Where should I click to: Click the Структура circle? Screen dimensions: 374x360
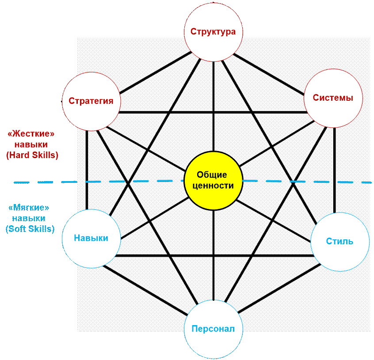[x=214, y=32]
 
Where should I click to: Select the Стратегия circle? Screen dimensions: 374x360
[x=92, y=101]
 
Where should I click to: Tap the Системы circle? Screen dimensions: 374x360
[x=333, y=98]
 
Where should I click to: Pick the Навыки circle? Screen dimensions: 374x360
[x=92, y=239]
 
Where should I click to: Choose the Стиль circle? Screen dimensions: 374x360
[x=340, y=242]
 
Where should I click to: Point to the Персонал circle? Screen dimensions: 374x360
[x=214, y=329]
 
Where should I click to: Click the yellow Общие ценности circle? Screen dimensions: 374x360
[x=214, y=181]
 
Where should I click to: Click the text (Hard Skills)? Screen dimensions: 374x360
[x=32, y=155]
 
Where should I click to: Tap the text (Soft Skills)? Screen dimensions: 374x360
[x=30, y=229]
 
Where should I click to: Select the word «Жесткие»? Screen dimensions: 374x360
[x=31, y=134]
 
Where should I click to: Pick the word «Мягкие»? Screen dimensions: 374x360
[x=29, y=208]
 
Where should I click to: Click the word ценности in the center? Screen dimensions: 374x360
[x=213, y=186]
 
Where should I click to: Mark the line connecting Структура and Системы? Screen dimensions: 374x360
[x=269, y=74]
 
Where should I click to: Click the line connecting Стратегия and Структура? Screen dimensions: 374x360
[x=156, y=72]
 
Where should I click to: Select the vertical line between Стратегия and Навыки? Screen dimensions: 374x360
[x=87, y=170]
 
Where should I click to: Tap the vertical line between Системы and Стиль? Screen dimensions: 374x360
[x=335, y=170]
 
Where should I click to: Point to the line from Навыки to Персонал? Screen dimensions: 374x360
[x=145, y=290]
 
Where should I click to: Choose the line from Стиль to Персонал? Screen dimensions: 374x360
[x=279, y=288]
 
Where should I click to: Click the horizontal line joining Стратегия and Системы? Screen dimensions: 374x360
[x=213, y=112]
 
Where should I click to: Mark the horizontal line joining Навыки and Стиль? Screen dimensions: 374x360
[x=214, y=256]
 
